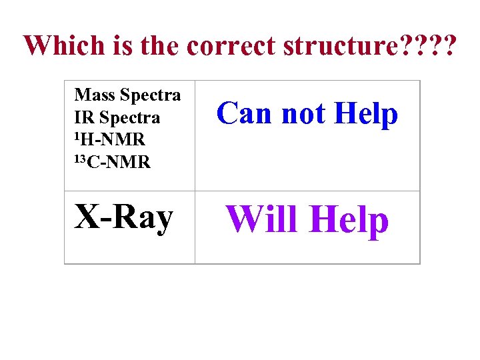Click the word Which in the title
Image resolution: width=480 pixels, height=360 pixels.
tap(64, 45)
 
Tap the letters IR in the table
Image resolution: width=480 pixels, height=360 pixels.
tap(85, 117)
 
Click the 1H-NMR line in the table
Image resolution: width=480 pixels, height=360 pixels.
tap(109, 139)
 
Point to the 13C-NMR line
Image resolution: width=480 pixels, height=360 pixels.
tap(112, 161)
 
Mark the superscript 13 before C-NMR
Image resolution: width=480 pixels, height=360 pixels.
tap(80, 158)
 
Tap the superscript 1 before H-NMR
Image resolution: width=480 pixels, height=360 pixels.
tap(77, 136)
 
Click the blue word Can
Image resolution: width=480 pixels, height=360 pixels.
tap(245, 113)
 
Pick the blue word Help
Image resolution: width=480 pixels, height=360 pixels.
tap(366, 114)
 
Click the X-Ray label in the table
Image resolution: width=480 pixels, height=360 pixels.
tap(123, 217)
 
